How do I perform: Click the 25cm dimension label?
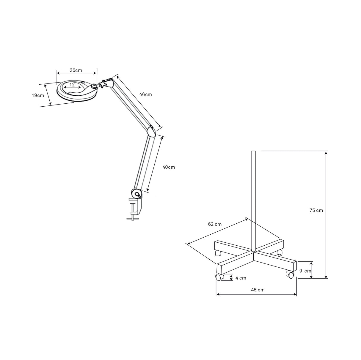tap(76, 70)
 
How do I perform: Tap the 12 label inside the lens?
tap(72, 85)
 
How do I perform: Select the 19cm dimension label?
tap(38, 95)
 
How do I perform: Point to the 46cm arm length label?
tap(146, 94)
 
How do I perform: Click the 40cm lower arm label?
tap(169, 167)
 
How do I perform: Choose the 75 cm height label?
tap(316, 210)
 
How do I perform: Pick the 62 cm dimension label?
tap(215, 224)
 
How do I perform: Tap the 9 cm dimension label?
tap(305, 271)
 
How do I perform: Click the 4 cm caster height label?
tap(241, 278)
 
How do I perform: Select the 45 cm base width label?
tap(258, 290)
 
